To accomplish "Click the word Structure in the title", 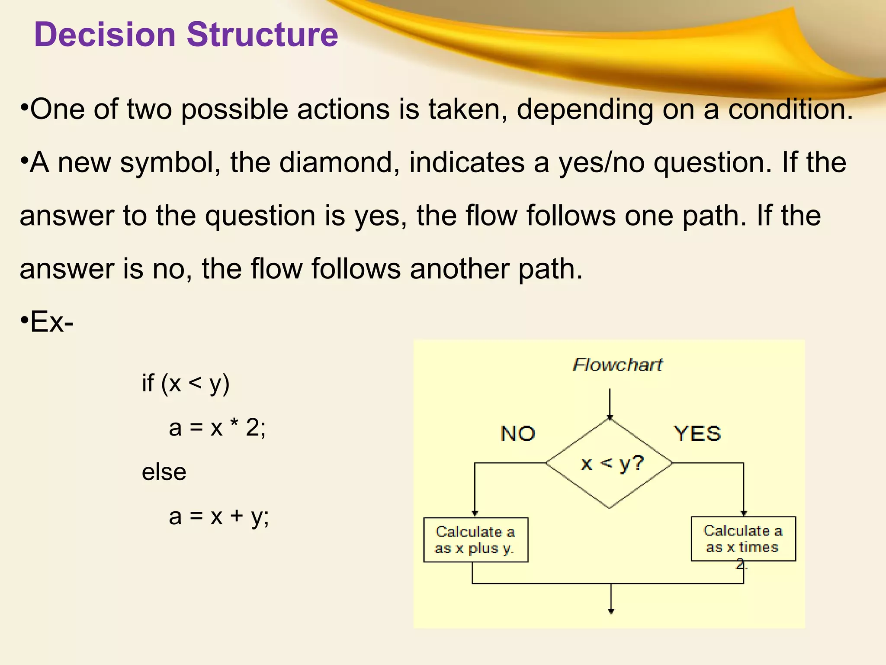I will (262, 35).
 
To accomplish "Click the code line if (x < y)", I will (186, 384).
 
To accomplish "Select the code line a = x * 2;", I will (217, 428).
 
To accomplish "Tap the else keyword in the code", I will (164, 472).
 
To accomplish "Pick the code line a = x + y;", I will (219, 516).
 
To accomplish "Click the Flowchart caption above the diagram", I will (617, 365).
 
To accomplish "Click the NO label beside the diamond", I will (518, 433).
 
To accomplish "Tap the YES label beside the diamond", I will (697, 433).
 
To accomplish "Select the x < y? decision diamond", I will (610, 463).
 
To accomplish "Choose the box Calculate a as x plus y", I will (475, 540).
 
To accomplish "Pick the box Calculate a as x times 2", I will (743, 539).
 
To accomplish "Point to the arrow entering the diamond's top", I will (610, 405).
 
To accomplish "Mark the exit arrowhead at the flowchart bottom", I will (611, 611).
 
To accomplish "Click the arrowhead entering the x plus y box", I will (475, 513).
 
